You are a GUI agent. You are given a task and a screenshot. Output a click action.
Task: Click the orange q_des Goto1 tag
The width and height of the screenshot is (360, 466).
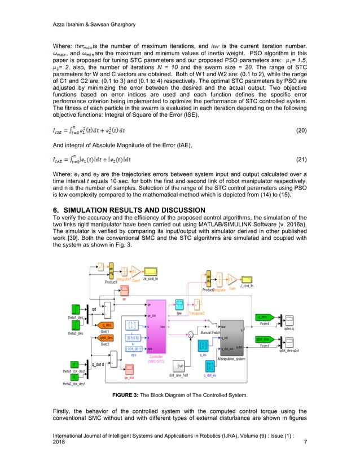[x=106, y=325]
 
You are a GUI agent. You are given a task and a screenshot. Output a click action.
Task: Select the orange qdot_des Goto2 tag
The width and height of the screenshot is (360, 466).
[x=106, y=337]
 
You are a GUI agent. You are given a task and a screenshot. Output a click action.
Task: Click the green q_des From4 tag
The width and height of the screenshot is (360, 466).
[x=265, y=317]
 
